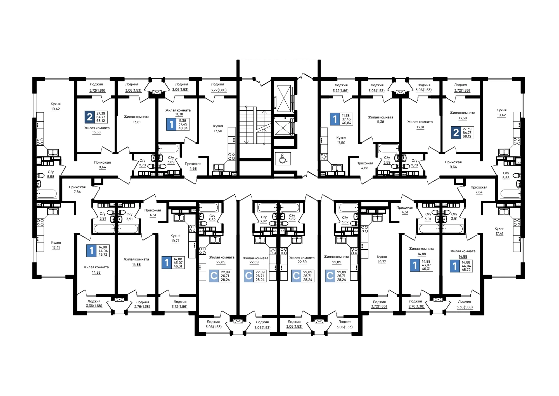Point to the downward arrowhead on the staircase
[x=245, y=142]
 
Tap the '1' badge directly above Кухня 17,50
[x=335, y=119]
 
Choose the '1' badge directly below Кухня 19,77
[x=167, y=263]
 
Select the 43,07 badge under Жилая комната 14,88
[x=421, y=265]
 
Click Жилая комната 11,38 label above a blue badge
[x=178, y=112]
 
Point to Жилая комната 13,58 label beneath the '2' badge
[x=97, y=130]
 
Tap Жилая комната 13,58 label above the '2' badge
[x=462, y=115]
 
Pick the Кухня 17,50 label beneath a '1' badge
[x=341, y=140]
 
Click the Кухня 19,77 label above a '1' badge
[x=176, y=238]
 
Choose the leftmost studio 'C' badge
[x=214, y=276]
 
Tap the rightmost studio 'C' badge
[x=330, y=276]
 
